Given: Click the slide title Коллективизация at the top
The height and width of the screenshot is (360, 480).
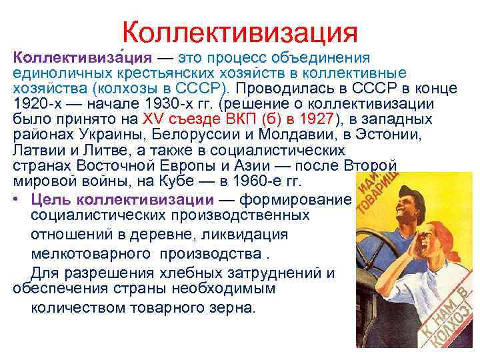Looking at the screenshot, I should pyautogui.click(x=240, y=31).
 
